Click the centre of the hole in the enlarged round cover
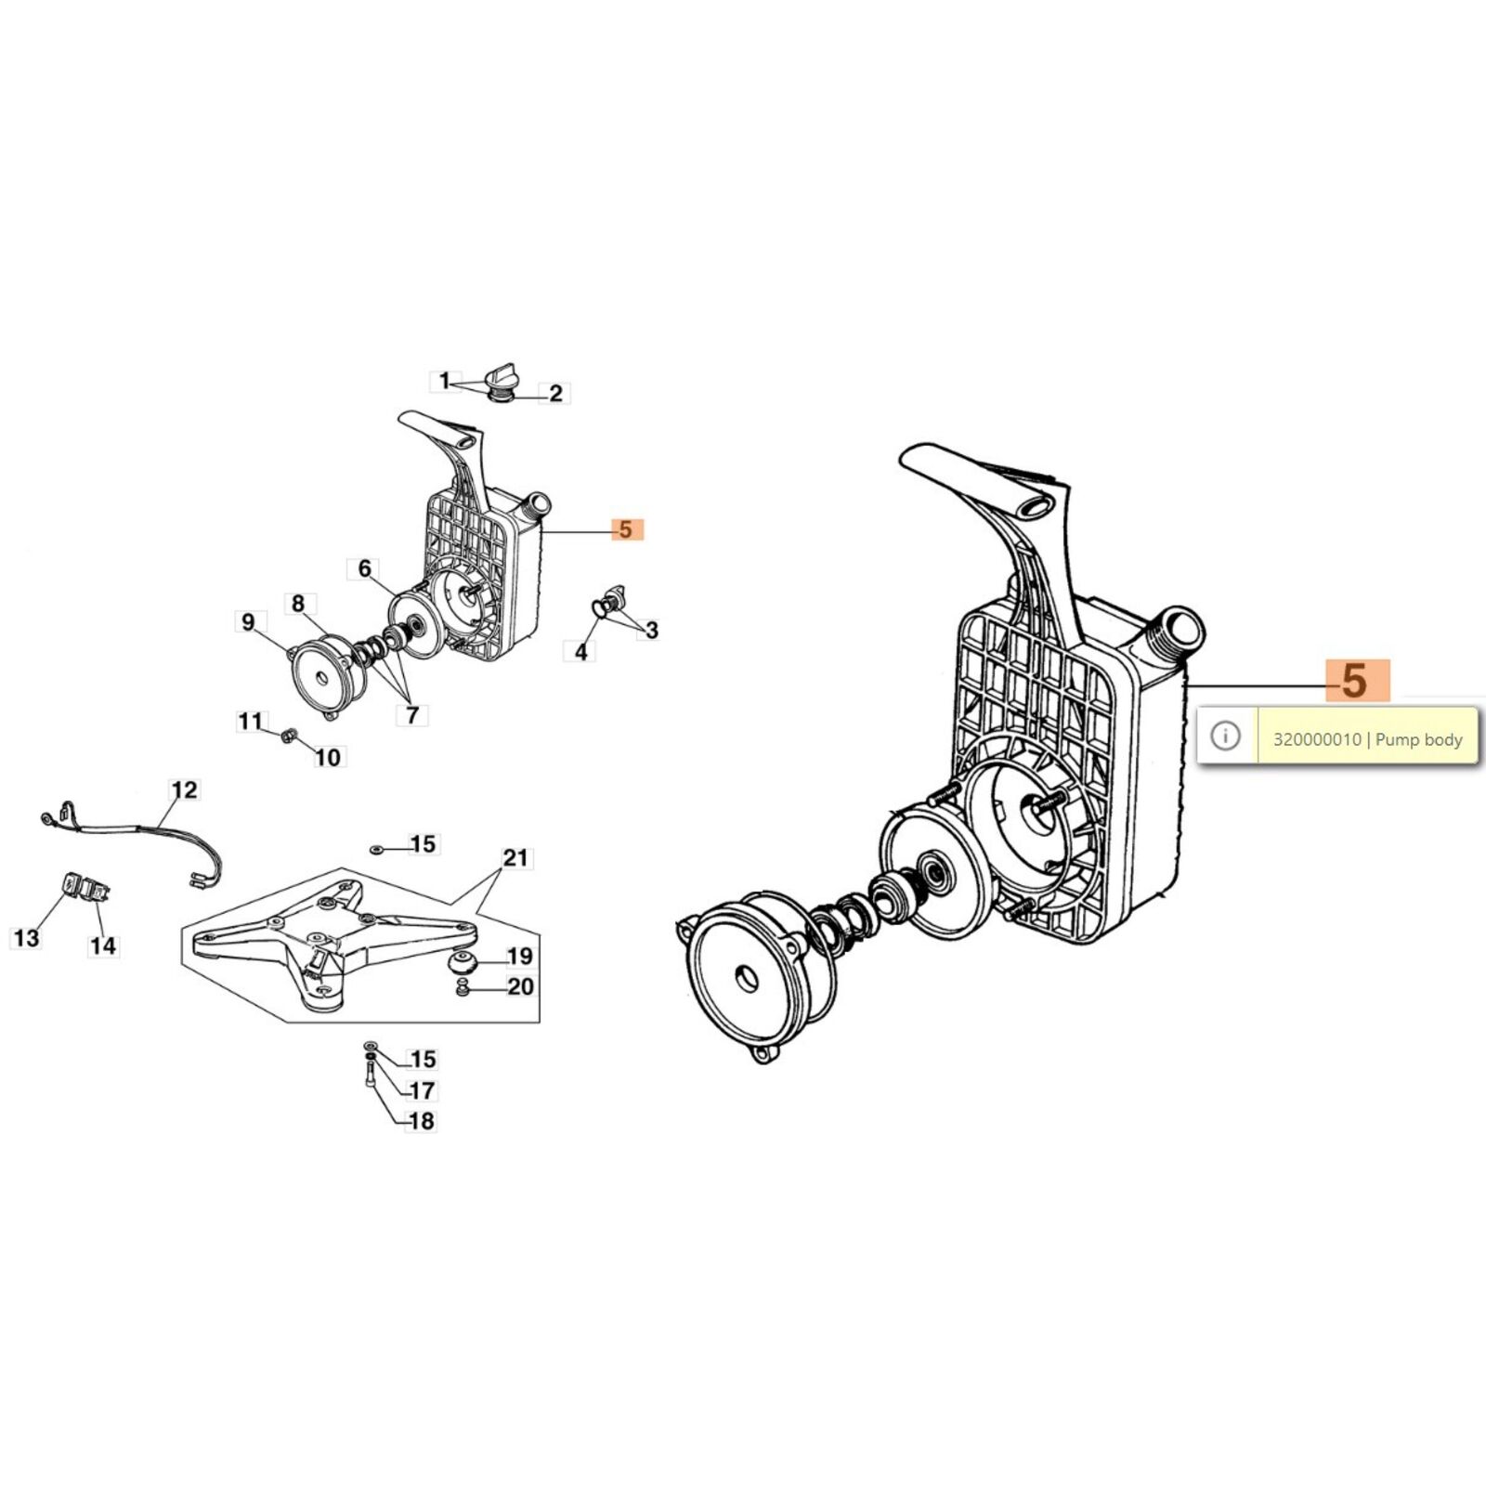746,978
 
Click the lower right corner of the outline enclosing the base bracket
540,1022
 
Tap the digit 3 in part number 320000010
1278,740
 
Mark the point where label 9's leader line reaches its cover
296,650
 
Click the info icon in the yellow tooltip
1226,736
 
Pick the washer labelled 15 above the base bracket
376,849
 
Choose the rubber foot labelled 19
461,962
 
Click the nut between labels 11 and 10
288,736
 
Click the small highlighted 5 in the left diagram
626,529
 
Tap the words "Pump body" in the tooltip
1419,740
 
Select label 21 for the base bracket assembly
515,858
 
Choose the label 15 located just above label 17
424,1059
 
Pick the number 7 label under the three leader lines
411,715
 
